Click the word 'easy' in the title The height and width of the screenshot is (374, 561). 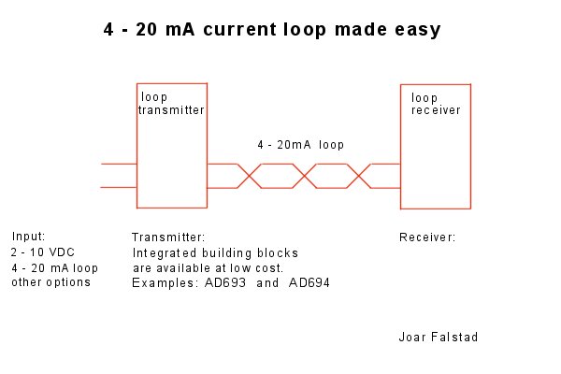(x=418, y=30)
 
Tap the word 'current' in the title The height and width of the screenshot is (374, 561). (x=239, y=29)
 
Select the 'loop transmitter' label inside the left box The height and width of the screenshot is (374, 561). (x=171, y=104)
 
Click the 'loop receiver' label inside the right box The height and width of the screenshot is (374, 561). (x=436, y=104)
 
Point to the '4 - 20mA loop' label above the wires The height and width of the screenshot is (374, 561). (x=300, y=145)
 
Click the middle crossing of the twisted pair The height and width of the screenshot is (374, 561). (x=305, y=176)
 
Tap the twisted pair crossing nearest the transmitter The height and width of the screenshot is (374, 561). (x=250, y=176)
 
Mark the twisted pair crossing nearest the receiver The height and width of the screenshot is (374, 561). (x=359, y=176)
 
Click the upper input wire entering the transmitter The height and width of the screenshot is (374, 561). (x=119, y=164)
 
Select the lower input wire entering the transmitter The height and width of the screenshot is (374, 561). (x=119, y=187)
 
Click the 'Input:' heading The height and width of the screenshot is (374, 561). (x=29, y=237)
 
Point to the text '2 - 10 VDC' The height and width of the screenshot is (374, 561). (x=43, y=252)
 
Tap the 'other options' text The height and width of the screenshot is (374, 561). (x=50, y=282)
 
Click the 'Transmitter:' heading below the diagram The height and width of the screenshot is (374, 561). (x=168, y=237)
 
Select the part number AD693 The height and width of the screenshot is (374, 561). (x=225, y=283)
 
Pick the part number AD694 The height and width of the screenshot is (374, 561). (x=309, y=283)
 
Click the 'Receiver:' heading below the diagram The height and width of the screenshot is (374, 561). (x=427, y=237)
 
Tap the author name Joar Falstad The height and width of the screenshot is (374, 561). (x=439, y=337)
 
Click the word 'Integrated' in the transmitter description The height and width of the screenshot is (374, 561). (x=165, y=253)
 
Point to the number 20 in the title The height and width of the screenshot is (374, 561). (x=147, y=29)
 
